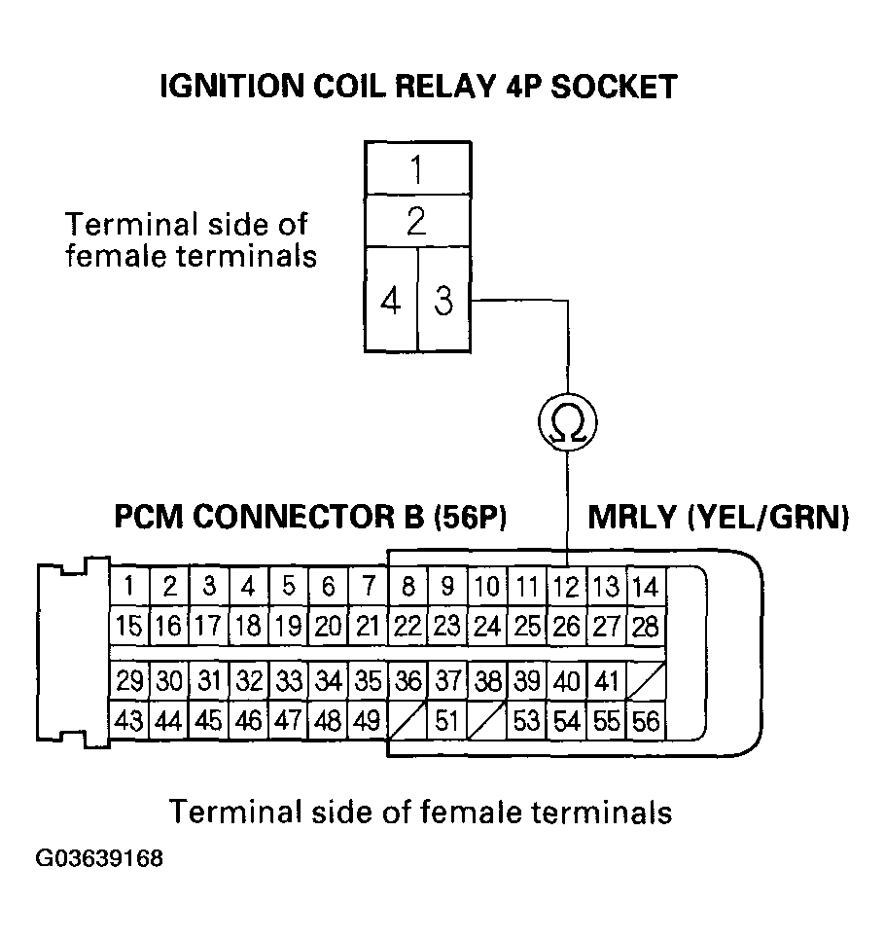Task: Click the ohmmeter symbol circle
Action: (x=567, y=422)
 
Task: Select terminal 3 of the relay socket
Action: (x=443, y=303)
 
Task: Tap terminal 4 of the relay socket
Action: (x=391, y=303)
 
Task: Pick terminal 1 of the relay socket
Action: (x=417, y=171)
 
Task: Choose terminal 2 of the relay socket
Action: (x=417, y=223)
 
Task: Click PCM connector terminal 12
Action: (x=566, y=587)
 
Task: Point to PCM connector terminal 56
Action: (x=645, y=721)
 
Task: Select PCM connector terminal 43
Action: (x=129, y=721)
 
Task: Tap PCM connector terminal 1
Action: (x=129, y=587)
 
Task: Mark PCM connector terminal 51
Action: (x=446, y=721)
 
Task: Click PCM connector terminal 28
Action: (x=645, y=625)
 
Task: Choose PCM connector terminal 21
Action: (x=368, y=625)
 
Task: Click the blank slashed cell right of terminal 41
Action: (x=645, y=681)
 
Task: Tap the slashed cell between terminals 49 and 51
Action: (x=407, y=721)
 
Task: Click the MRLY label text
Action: (x=631, y=517)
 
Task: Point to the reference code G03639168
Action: (x=100, y=860)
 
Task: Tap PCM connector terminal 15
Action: (x=129, y=625)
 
